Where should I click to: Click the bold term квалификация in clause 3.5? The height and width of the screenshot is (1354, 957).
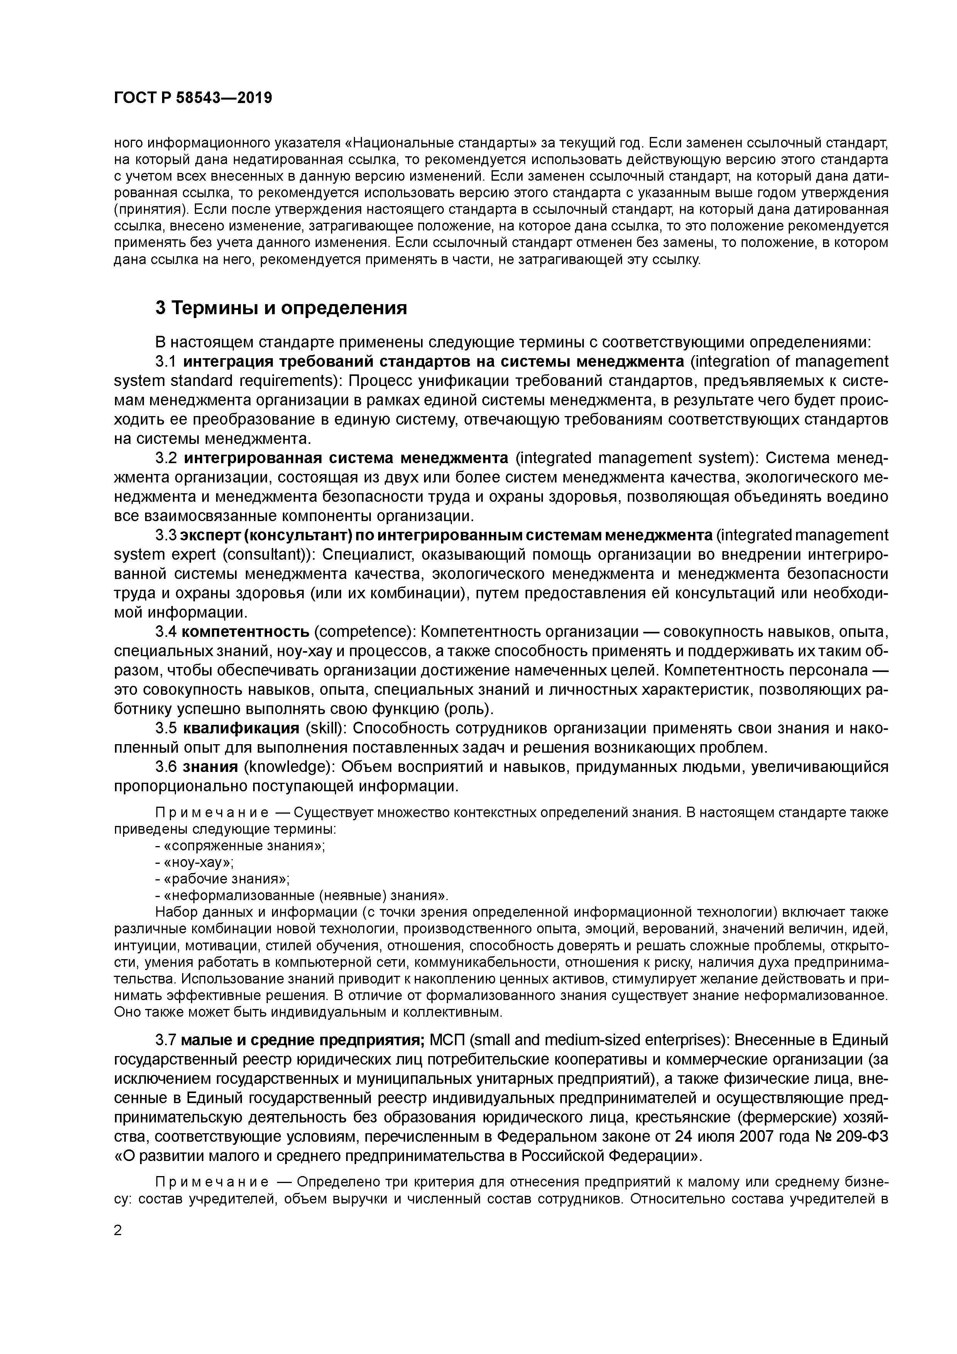tap(241, 728)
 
